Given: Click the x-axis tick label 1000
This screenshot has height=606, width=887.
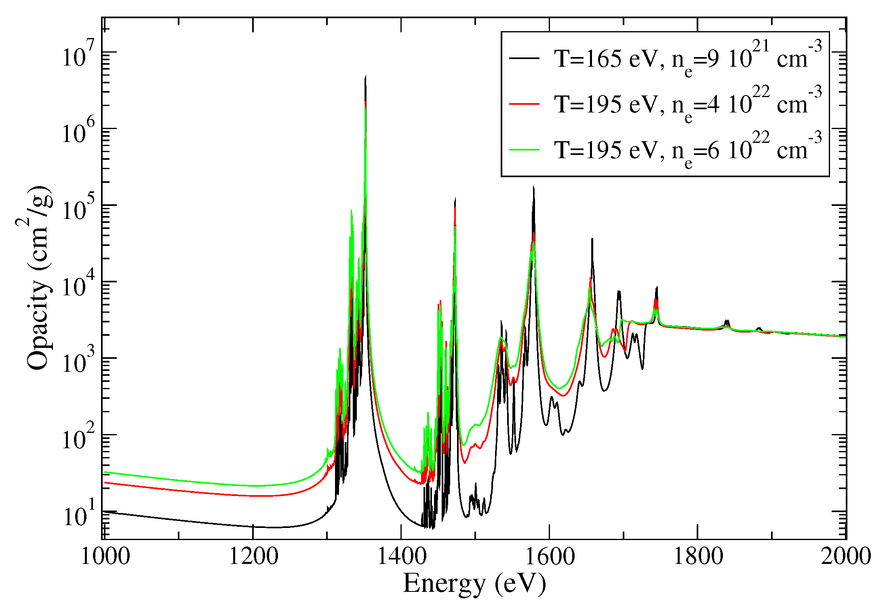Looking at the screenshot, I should click(105, 557).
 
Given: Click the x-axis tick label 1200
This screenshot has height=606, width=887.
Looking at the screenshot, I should click(253, 557).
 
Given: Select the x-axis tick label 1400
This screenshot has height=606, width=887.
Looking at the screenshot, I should click(401, 557).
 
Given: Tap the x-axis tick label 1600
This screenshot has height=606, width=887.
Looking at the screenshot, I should click(550, 557).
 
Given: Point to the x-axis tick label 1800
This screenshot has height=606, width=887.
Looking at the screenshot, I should click(698, 557).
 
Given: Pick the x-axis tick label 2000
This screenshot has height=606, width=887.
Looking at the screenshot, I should click(845, 557).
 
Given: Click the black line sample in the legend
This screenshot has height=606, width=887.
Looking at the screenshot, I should click(524, 58).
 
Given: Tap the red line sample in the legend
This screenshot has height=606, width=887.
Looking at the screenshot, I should click(524, 104).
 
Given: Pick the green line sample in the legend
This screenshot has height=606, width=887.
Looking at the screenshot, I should click(524, 150).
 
